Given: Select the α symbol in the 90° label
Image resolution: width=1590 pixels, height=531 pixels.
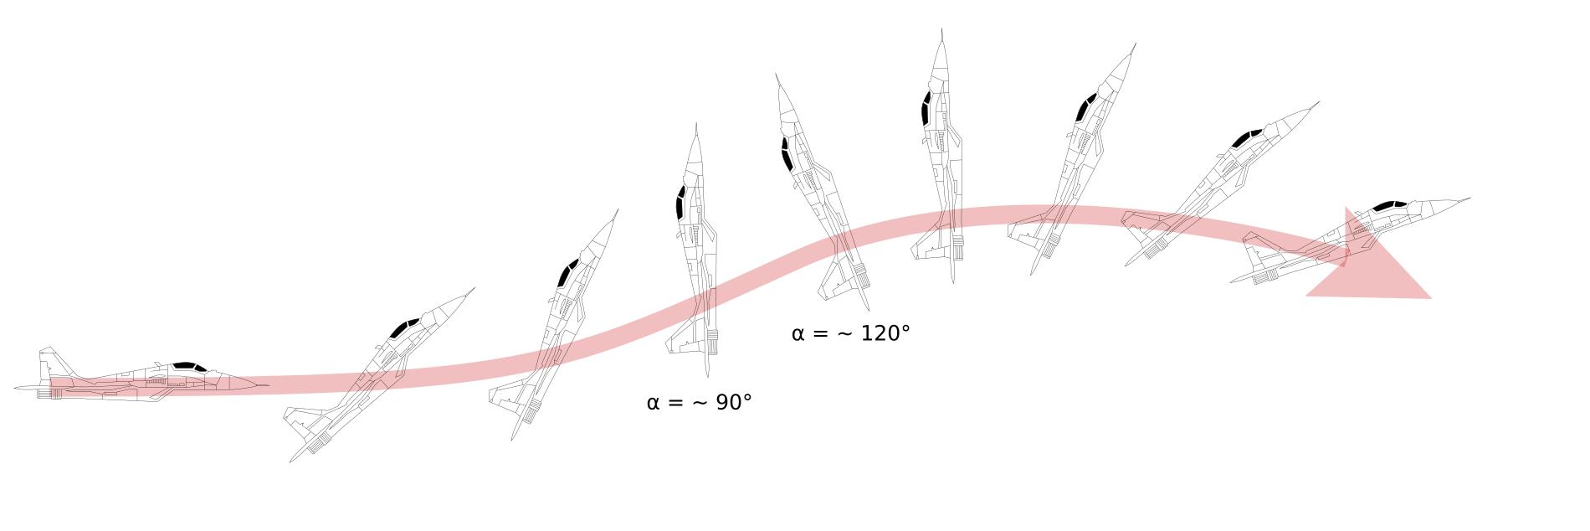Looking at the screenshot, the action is (653, 404).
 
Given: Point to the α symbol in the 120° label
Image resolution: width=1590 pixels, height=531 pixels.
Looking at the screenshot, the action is (798, 334).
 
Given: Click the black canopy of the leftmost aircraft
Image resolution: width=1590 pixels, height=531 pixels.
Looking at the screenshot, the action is (189, 367).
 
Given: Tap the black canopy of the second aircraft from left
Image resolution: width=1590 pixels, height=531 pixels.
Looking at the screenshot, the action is (404, 328).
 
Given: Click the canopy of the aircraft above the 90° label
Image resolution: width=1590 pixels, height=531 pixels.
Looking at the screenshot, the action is (680, 203).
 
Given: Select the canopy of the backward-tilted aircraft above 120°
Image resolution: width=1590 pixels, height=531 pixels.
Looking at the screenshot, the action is (786, 155).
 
